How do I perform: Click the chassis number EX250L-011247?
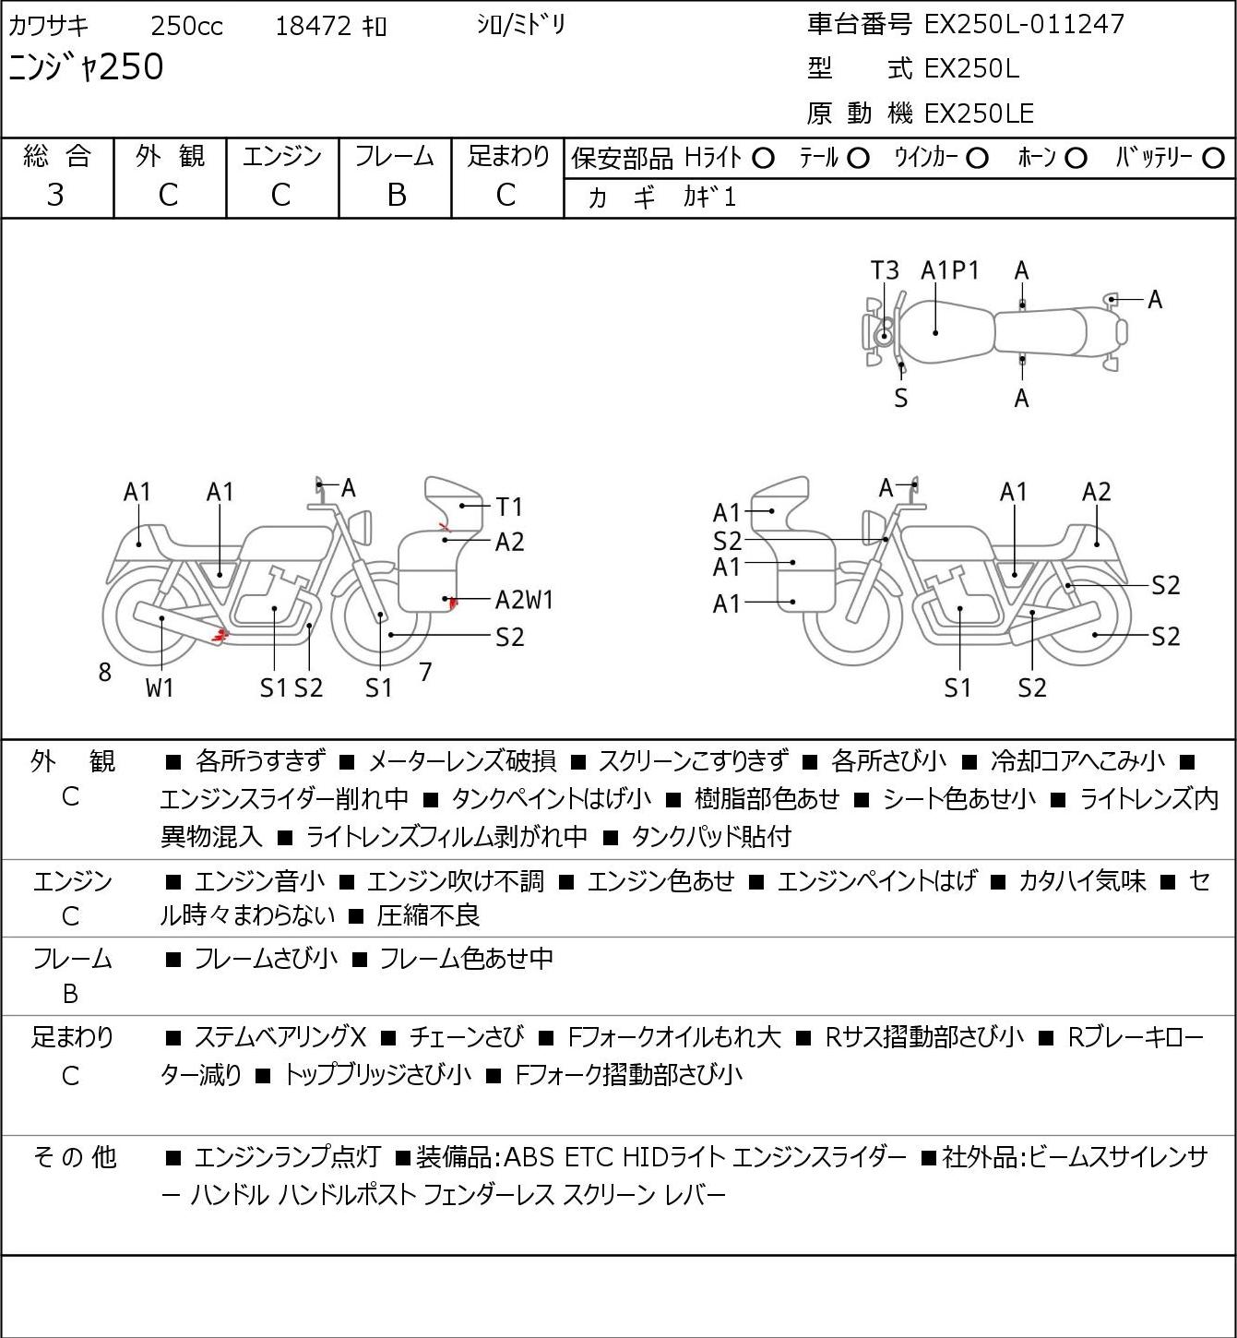[x=1024, y=25]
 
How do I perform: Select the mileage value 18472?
[x=314, y=26]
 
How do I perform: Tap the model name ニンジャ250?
[x=86, y=67]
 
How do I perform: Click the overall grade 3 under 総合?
[x=55, y=196]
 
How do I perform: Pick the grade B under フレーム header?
[x=396, y=196]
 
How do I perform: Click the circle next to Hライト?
[x=763, y=159]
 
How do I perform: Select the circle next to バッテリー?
[x=1213, y=159]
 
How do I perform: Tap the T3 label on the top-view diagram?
[x=885, y=271]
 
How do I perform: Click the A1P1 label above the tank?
[x=949, y=271]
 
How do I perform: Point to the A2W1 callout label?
[x=524, y=600]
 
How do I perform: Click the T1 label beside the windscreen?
[x=509, y=506]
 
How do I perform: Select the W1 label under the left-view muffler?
[x=160, y=687]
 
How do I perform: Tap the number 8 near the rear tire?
[x=104, y=672]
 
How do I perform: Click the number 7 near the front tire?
[x=425, y=672]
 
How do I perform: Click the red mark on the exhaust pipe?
[x=220, y=635]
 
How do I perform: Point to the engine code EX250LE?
[x=979, y=113]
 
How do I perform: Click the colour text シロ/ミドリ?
[x=521, y=25]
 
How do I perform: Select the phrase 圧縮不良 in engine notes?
[x=428, y=914]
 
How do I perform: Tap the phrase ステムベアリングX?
[x=280, y=1037]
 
